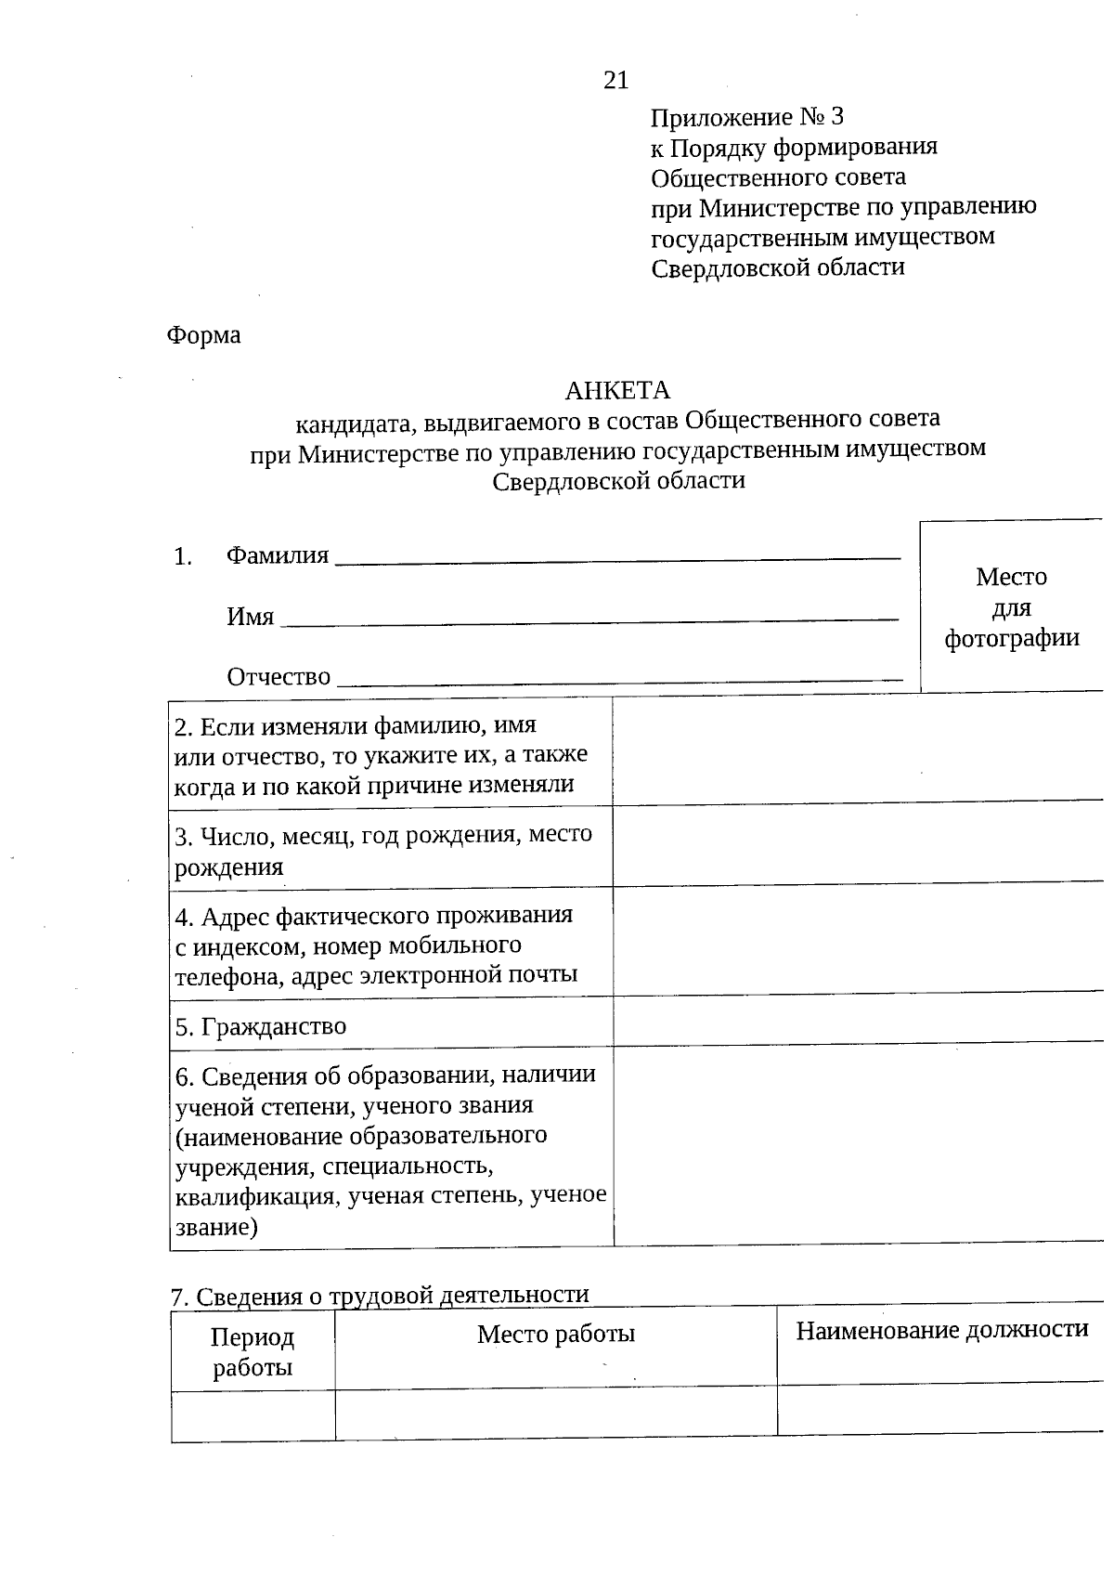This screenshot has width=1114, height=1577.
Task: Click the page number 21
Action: (x=615, y=81)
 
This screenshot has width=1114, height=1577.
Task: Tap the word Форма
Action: (x=203, y=335)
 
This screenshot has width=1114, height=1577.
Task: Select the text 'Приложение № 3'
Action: (x=746, y=117)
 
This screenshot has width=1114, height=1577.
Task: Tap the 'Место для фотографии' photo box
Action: (x=1011, y=607)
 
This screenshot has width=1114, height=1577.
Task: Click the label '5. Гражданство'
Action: (x=261, y=1026)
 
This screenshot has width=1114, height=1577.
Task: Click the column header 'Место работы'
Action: (x=555, y=1335)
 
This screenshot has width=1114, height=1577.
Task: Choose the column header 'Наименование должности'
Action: (x=941, y=1330)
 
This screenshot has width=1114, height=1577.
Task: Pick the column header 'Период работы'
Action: (x=253, y=1351)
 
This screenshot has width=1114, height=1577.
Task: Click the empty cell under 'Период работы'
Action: (x=253, y=1416)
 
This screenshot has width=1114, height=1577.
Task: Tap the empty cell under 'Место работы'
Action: (x=555, y=1414)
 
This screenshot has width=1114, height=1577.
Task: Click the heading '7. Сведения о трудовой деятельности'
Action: (x=381, y=1295)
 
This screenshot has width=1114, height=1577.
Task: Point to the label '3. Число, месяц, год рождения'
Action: (x=383, y=850)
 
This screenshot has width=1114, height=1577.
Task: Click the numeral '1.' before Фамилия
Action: (x=183, y=557)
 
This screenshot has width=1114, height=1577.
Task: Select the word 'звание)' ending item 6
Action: (x=216, y=1227)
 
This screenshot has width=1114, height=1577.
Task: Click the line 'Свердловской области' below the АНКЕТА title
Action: (x=618, y=481)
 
